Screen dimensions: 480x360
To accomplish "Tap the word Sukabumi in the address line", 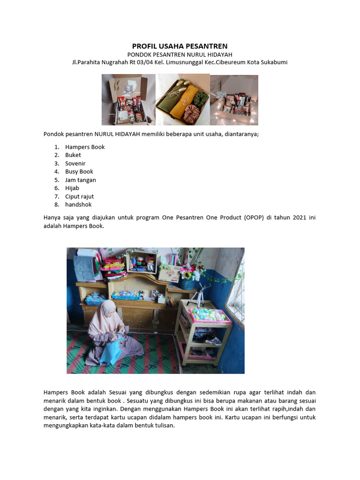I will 274,62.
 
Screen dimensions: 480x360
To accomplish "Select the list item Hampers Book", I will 85,147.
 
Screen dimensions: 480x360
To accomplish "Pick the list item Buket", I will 73,155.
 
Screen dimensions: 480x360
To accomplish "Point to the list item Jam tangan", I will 81,180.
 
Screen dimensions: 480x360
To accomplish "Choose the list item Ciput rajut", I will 80,196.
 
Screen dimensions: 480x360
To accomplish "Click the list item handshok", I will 78,204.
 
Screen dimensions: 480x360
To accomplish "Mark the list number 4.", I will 56,172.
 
